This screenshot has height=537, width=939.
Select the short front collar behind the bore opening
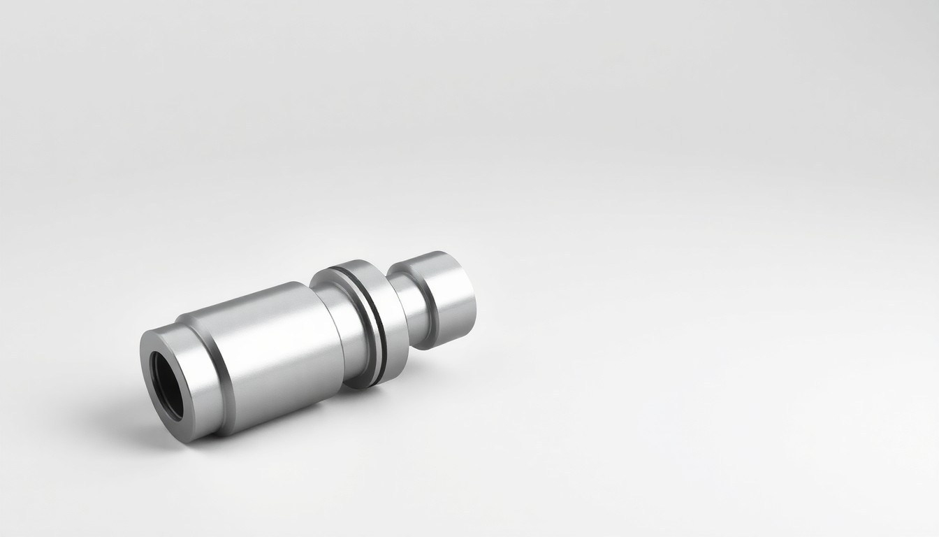(x=187, y=378)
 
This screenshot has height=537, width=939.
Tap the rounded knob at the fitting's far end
(x=447, y=297)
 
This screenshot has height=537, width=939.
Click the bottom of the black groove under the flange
(x=378, y=381)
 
